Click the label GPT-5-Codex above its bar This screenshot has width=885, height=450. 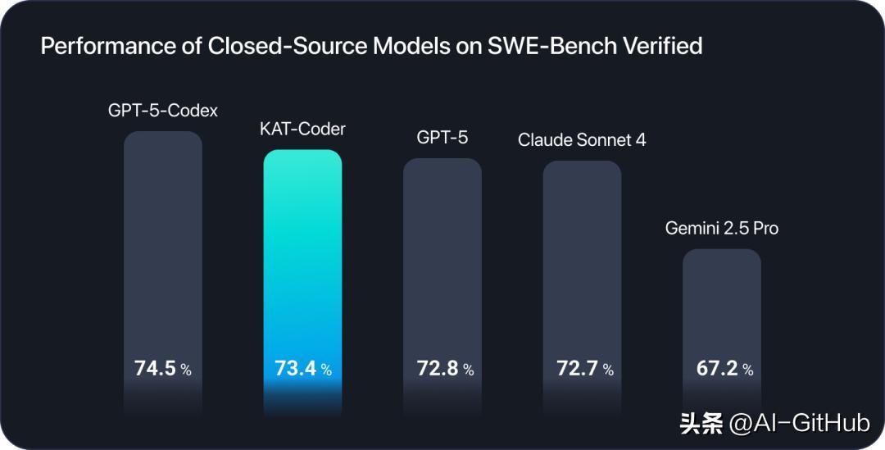pos(163,110)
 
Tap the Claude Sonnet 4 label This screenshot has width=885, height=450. pos(582,139)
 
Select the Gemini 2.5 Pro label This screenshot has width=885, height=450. pos(722,228)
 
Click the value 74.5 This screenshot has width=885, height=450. pos(156,369)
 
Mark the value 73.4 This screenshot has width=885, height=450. pos(296,369)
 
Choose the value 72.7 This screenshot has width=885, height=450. pos(575,369)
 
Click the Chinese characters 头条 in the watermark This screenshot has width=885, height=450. pos(701,423)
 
